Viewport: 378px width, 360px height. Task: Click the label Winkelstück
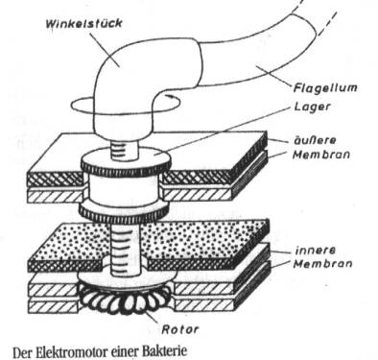point(83,23)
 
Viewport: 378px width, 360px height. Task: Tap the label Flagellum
point(325,87)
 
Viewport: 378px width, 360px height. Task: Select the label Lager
point(312,107)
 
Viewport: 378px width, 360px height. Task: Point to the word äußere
point(315,140)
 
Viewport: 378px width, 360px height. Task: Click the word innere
point(316,250)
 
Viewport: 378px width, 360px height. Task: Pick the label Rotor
point(179,329)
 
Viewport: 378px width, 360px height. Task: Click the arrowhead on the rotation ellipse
point(170,95)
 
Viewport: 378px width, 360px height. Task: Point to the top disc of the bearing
point(126,160)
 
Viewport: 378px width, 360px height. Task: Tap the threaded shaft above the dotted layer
point(126,250)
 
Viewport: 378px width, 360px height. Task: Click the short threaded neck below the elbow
point(125,151)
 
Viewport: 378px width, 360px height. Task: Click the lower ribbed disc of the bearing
point(124,213)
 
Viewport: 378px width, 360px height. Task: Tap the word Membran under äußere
point(321,155)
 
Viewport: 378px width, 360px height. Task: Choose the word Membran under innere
point(323,264)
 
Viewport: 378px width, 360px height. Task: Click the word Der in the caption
point(23,352)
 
